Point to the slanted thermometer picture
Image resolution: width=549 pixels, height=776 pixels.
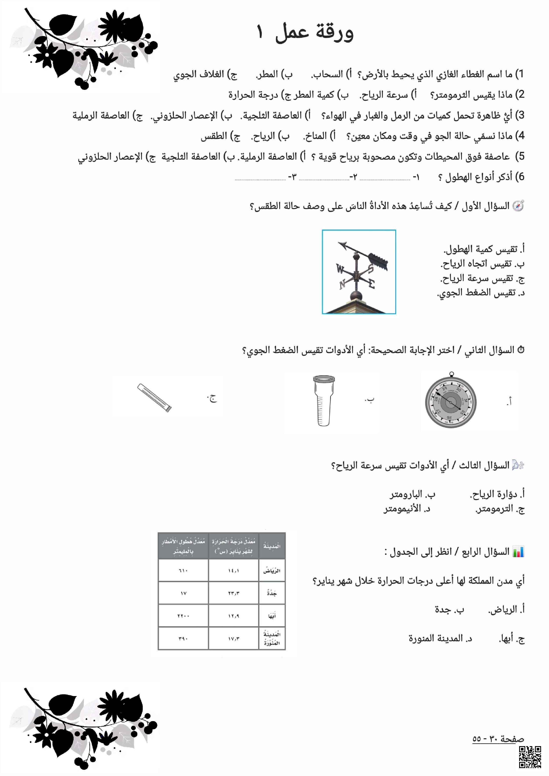click(x=155, y=398)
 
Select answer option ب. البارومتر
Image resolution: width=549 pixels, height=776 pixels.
click(x=412, y=495)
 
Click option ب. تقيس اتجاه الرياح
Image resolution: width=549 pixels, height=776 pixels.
click(x=482, y=264)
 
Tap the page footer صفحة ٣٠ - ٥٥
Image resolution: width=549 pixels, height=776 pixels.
click(x=498, y=739)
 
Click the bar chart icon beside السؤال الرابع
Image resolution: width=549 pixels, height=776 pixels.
click(x=518, y=552)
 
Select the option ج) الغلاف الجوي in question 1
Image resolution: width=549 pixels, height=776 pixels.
click(x=205, y=74)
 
